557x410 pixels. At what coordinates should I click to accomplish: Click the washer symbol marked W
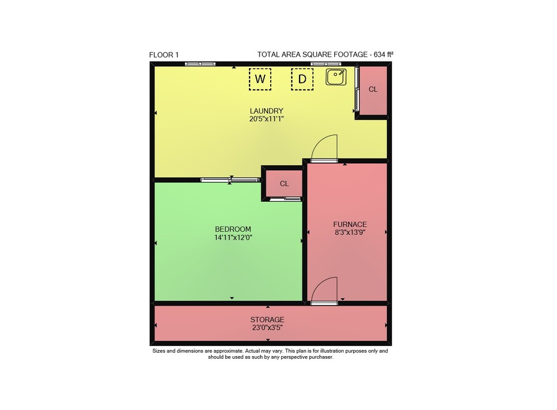(260, 79)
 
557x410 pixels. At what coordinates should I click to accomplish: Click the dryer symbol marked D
(302, 79)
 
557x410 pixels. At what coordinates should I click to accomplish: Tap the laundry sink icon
(336, 77)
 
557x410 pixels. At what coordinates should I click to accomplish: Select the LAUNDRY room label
(266, 111)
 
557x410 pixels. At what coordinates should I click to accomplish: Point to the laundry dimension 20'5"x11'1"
(266, 119)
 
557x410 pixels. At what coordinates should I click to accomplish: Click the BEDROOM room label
(233, 229)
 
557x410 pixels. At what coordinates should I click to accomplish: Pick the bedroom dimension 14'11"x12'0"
(233, 238)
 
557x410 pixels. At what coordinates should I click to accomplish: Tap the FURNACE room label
(350, 224)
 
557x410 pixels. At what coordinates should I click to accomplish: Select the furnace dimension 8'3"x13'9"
(350, 233)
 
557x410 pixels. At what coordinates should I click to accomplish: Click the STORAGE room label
(267, 319)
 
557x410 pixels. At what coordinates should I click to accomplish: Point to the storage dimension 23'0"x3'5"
(267, 328)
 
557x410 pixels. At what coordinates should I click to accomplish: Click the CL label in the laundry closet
(373, 90)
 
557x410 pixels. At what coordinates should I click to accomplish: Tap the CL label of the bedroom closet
(284, 184)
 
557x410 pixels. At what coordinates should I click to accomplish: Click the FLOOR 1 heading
(164, 55)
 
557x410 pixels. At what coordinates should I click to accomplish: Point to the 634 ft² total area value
(383, 55)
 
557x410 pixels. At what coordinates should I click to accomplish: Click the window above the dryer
(326, 64)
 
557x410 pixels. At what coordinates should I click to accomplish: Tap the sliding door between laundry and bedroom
(230, 180)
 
